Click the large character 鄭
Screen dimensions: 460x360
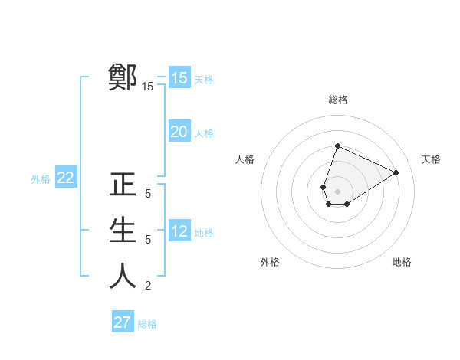(x=123, y=77)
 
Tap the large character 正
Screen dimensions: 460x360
(x=123, y=185)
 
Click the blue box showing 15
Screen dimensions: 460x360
(x=179, y=78)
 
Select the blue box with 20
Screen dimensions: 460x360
(x=179, y=132)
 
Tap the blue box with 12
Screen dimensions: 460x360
(x=179, y=231)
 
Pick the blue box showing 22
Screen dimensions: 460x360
(x=66, y=178)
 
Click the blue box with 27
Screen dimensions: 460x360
(x=123, y=322)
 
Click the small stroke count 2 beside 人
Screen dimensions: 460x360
(x=148, y=286)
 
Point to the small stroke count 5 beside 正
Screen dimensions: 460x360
(x=148, y=195)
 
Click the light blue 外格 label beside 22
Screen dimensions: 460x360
(x=41, y=179)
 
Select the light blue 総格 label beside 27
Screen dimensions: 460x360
(x=147, y=324)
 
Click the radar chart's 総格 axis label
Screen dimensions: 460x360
(x=337, y=100)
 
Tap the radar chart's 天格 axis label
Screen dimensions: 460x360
(x=431, y=159)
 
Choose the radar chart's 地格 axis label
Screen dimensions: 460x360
(x=402, y=262)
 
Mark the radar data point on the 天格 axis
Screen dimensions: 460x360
(x=396, y=172)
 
